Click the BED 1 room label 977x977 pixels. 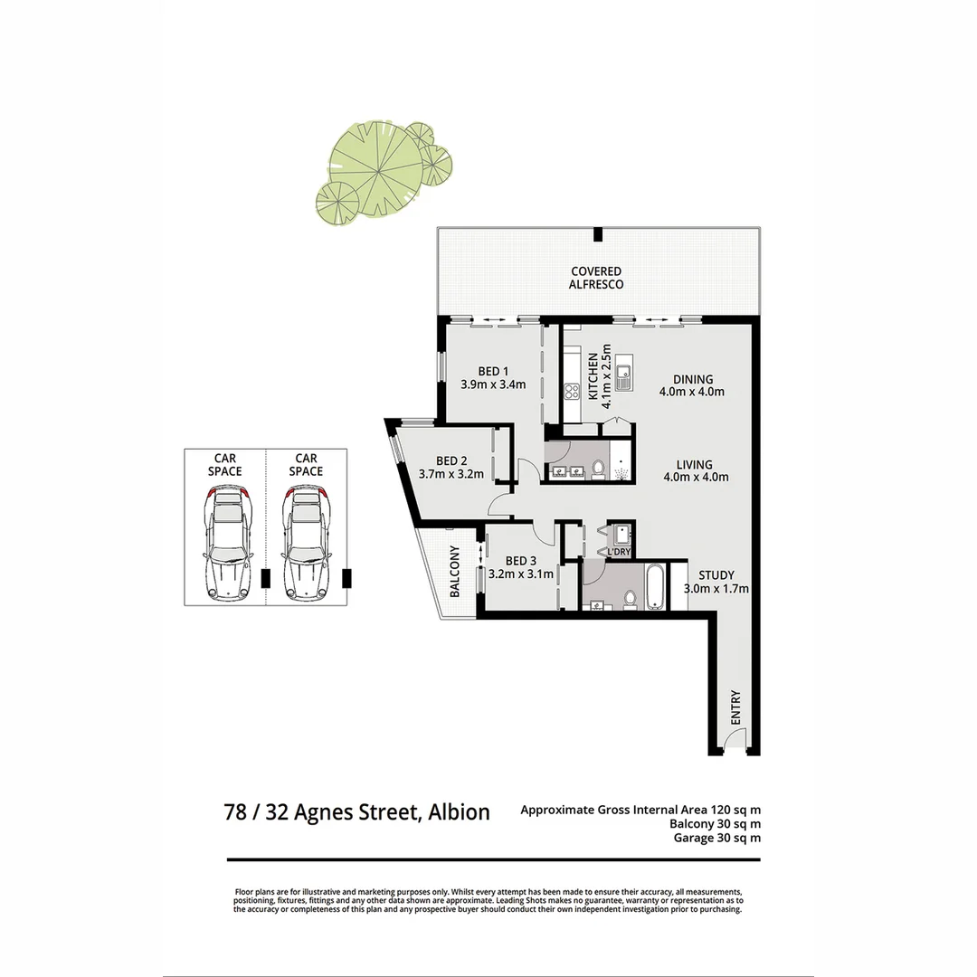[493, 377]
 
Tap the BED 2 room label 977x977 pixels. [451, 466]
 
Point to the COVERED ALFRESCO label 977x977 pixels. [596, 278]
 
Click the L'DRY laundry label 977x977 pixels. [619, 552]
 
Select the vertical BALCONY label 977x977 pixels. [456, 572]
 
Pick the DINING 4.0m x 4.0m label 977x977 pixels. [693, 385]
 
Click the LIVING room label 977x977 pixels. [695, 470]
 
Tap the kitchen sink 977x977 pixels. [623, 376]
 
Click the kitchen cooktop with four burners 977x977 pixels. [572, 391]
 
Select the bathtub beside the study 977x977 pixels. [656, 586]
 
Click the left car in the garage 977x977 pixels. [226, 543]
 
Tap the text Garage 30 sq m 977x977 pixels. [716, 838]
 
